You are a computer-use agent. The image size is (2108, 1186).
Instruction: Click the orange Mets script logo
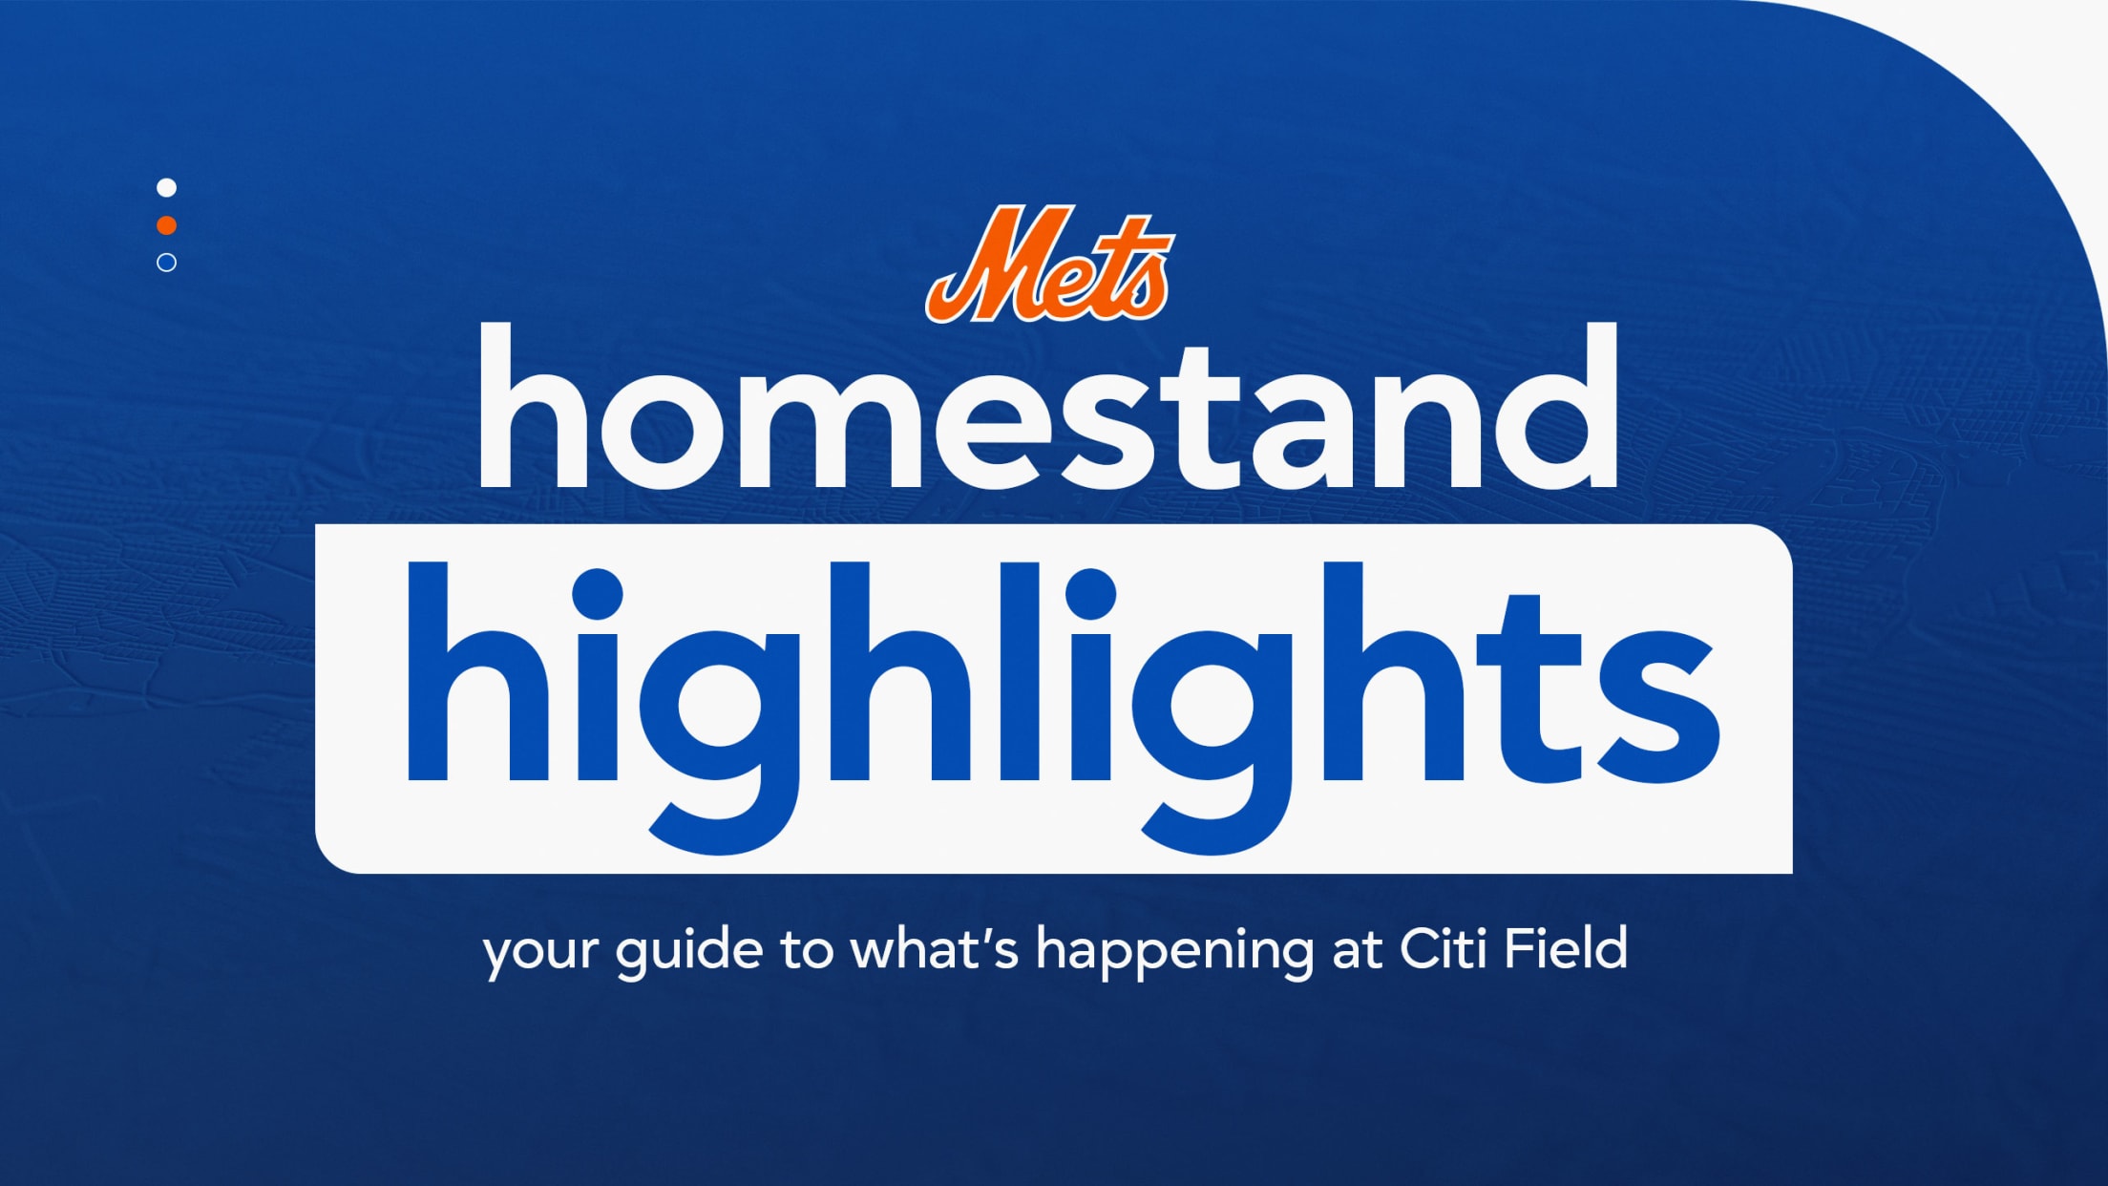[1049, 264]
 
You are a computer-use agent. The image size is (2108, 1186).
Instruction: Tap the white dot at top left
[166, 187]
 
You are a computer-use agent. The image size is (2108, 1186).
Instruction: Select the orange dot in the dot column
[166, 225]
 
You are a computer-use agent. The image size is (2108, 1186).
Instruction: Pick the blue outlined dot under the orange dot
[166, 263]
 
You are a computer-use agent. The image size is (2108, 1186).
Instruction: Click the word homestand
[1048, 407]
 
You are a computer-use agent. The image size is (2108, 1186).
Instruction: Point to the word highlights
[1064, 707]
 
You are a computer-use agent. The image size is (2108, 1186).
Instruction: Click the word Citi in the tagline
[1442, 949]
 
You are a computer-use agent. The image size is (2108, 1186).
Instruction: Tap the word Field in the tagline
[1567, 949]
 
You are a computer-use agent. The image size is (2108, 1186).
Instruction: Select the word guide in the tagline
[688, 953]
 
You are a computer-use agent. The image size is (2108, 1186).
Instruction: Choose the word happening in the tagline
[1173, 953]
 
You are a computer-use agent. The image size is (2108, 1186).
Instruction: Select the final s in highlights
[1659, 707]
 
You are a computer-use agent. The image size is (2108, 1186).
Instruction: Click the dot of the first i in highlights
[597, 593]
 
